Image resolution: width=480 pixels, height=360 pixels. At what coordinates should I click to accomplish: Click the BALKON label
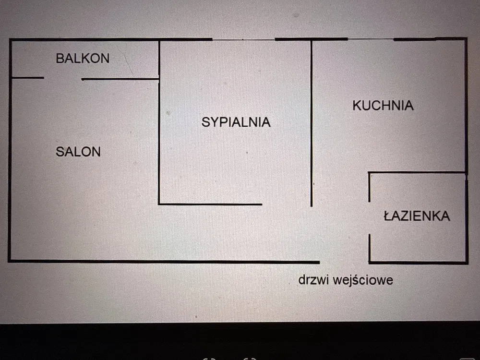point(83,59)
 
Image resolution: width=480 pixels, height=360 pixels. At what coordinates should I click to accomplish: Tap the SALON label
point(78,152)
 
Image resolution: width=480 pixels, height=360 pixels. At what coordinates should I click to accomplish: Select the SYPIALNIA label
point(236,122)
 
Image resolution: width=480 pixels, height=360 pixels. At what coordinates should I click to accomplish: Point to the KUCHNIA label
point(383,106)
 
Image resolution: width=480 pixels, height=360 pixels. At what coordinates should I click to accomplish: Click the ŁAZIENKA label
point(417,216)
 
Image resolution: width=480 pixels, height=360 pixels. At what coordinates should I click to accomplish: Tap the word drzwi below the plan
point(313,280)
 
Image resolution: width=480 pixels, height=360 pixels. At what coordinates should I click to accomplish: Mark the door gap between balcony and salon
point(62,78)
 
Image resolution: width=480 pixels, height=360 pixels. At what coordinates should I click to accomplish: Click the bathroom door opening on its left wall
point(369,217)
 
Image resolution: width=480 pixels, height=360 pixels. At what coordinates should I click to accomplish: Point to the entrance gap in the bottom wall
point(344,262)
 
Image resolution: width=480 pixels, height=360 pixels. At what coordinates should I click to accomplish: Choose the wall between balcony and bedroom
point(159,59)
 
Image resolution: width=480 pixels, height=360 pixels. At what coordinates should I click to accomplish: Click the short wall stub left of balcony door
point(27,77)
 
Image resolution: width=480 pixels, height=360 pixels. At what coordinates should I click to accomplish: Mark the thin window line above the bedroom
point(243,39)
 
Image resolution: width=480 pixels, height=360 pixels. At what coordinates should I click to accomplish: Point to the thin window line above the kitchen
point(370,39)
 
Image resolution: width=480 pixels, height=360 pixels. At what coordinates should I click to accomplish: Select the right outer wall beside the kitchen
point(466,106)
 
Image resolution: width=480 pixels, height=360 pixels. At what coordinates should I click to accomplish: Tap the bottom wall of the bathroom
point(418,263)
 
